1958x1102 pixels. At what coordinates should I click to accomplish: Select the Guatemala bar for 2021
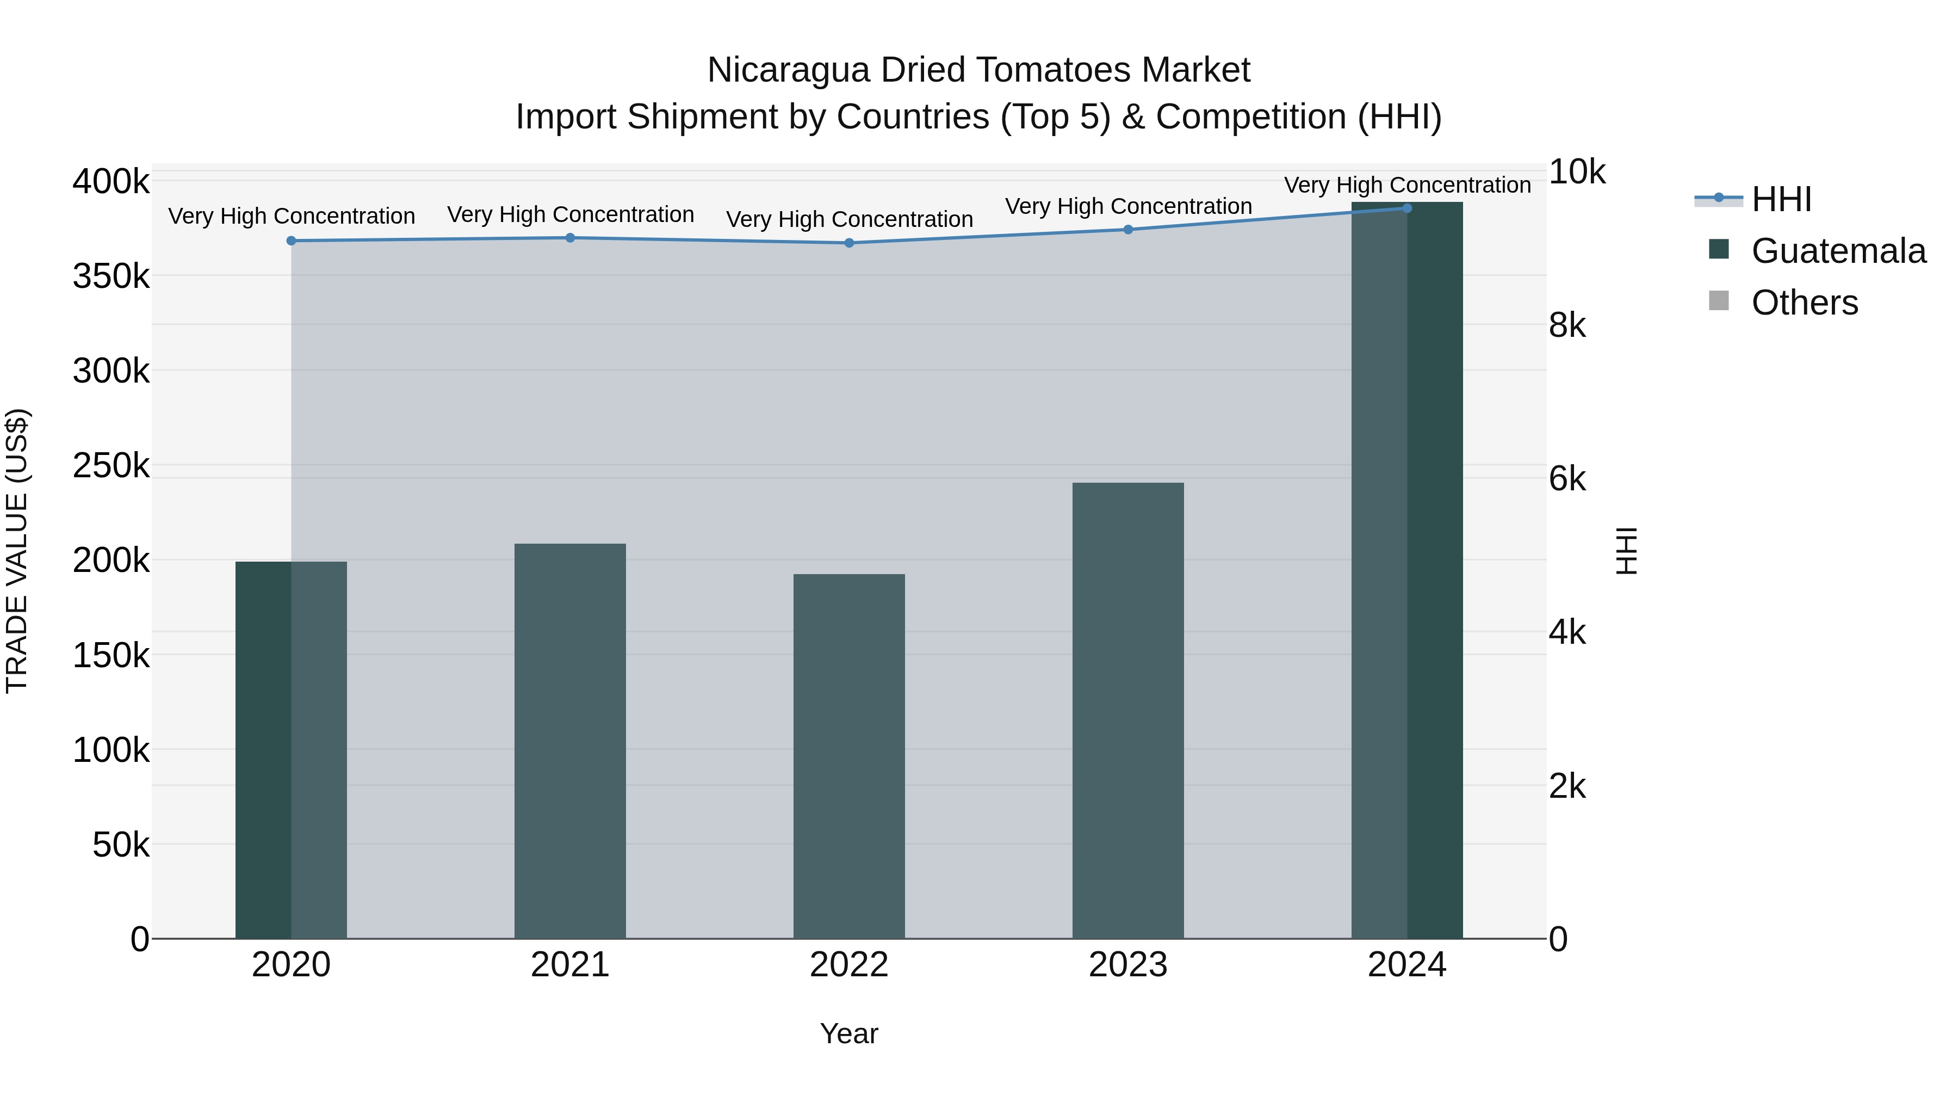pos(570,742)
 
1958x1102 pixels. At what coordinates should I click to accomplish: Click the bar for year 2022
pos(849,757)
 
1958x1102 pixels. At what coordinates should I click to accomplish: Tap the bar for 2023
pos(1128,711)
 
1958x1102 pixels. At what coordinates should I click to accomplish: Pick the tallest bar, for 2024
pos(1407,570)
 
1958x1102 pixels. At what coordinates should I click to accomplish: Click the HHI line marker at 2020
pos(291,241)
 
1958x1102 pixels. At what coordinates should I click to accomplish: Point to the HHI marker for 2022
pos(849,243)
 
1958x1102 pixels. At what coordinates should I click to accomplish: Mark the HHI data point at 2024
pos(1407,208)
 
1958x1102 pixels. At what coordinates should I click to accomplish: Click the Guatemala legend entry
pos(1838,251)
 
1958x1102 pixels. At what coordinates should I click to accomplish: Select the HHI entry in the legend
pos(1781,199)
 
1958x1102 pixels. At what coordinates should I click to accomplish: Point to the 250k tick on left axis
pos(111,465)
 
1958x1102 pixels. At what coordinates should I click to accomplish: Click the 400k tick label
pos(111,182)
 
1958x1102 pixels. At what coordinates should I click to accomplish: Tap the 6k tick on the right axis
pos(1567,479)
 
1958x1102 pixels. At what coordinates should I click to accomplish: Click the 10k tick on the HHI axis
pos(1576,173)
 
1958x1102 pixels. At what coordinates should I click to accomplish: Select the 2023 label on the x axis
pos(1128,965)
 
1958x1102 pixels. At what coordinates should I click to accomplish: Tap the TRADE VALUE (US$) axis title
pos(17,551)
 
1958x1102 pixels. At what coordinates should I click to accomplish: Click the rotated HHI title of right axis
pos(1626,551)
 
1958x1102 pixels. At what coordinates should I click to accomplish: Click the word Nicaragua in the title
pos(788,70)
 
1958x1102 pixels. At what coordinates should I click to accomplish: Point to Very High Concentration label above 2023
pos(1128,207)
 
